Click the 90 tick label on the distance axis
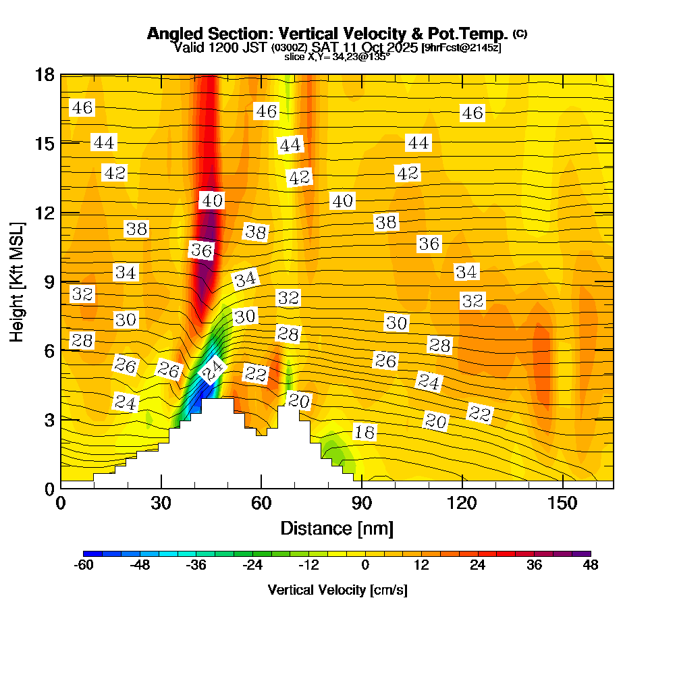(x=362, y=504)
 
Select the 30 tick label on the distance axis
(x=161, y=504)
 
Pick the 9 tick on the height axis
(x=49, y=281)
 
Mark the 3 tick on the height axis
(x=49, y=419)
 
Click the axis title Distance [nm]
(x=337, y=528)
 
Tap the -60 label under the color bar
(x=83, y=566)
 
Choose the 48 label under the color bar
(x=591, y=566)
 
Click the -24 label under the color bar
(x=252, y=566)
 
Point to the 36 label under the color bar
(x=534, y=566)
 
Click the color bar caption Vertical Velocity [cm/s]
(x=337, y=590)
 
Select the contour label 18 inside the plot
(x=364, y=433)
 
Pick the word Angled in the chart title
(x=171, y=34)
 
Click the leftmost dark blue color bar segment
(x=88, y=553)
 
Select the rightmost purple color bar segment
(x=586, y=553)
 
